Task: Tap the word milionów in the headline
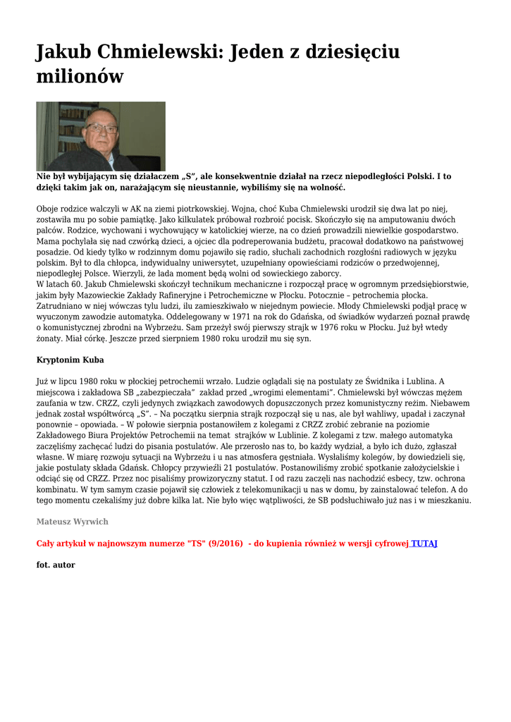[80, 76]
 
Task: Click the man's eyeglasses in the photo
[101, 128]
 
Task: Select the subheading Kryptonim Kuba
[70, 360]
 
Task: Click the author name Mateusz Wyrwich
[72, 522]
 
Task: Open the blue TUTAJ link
[424, 544]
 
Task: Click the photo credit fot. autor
[56, 565]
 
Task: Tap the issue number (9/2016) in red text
[225, 544]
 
